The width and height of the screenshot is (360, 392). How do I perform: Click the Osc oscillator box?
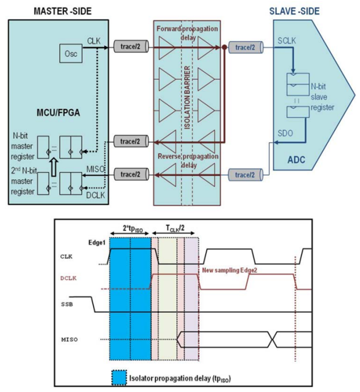(69, 53)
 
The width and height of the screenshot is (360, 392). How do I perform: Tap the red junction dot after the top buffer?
(225, 48)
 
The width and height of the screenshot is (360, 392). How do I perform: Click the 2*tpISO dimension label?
(130, 228)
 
